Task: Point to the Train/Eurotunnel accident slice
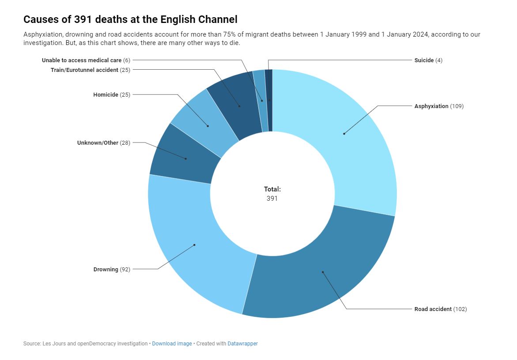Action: point(236,104)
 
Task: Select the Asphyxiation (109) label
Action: point(438,106)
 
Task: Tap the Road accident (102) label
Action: point(440,309)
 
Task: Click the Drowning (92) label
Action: point(112,269)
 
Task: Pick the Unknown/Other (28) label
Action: point(104,142)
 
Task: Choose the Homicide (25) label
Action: point(112,94)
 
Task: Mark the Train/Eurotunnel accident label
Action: point(91,70)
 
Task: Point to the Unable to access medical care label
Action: point(86,60)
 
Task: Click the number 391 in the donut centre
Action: point(272,199)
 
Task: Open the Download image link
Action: point(172,343)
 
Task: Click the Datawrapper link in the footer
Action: point(242,343)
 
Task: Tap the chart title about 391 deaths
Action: point(130,19)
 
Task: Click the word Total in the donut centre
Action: point(272,189)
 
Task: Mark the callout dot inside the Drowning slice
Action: point(194,245)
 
